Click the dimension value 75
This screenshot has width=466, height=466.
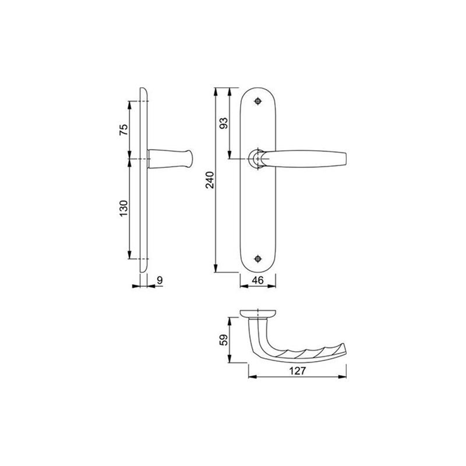124,129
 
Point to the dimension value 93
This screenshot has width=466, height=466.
222,123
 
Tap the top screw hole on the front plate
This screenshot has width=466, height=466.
258,102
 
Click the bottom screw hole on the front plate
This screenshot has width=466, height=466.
258,258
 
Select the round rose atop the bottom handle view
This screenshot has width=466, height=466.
257,313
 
